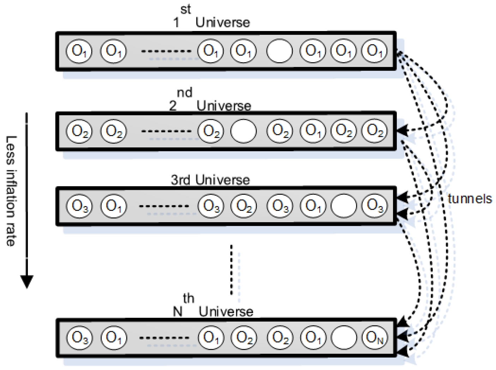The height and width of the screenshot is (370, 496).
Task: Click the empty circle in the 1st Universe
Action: tap(279, 51)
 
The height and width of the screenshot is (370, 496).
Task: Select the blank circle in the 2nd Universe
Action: tap(243, 131)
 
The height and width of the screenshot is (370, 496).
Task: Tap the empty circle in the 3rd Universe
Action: tap(344, 206)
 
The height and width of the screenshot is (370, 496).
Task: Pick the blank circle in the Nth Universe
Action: tap(344, 338)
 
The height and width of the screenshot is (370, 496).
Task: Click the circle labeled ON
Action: tap(374, 338)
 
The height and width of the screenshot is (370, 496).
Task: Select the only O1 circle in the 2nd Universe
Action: tap(313, 131)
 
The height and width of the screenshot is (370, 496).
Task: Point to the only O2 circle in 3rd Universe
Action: tap(243, 206)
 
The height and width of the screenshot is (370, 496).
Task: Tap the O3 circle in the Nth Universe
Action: tap(79, 338)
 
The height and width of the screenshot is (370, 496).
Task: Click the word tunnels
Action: tap(470, 199)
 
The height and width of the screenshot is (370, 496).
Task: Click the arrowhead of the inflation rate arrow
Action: tap(27, 281)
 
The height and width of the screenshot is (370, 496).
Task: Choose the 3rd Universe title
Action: tap(210, 180)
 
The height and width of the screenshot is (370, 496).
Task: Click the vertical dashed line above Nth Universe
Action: tap(231, 270)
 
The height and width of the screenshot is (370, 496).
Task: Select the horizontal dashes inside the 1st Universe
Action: tap(166, 51)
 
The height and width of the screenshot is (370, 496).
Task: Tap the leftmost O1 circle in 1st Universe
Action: tap(79, 51)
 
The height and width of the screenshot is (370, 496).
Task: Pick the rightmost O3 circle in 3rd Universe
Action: tap(374, 205)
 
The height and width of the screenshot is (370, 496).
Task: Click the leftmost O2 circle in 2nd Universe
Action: tap(79, 131)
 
